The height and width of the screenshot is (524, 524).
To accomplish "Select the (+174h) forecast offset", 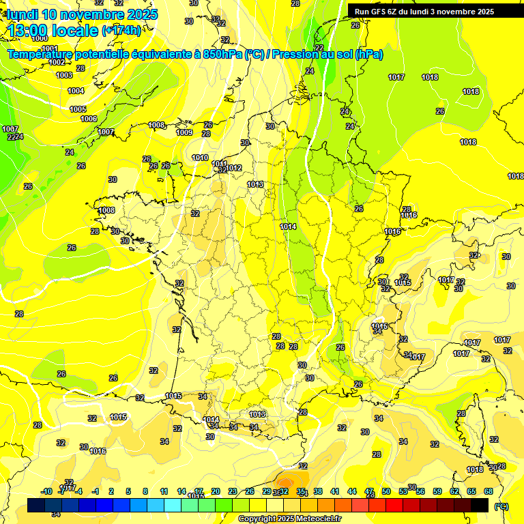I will [121, 30].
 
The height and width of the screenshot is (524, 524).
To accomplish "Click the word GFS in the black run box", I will [380, 12].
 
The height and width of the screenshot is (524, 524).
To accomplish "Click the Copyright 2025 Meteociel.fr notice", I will [289, 519].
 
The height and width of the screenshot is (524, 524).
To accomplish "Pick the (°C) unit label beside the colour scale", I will [501, 506].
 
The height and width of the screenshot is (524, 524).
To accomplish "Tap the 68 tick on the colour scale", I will [489, 491].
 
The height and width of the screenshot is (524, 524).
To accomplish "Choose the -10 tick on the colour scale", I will [47, 491].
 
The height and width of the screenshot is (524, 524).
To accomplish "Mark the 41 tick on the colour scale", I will [335, 491].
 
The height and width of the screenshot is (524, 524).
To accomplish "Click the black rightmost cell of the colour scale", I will [480, 505].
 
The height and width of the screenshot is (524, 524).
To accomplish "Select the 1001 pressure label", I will [50, 48].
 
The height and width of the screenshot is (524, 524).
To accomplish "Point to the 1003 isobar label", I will [64, 75].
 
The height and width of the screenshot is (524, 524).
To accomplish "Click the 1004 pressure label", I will [76, 91].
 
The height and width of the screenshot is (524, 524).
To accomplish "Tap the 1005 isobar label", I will [78, 109].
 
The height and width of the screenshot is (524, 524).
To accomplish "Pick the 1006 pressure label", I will [89, 119].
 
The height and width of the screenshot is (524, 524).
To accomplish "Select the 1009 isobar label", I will [184, 132].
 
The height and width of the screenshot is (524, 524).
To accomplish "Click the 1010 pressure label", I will [200, 158].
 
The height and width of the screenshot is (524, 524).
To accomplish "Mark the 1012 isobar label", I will [235, 168].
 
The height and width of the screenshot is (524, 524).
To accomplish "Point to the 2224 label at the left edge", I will [15, 137].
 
